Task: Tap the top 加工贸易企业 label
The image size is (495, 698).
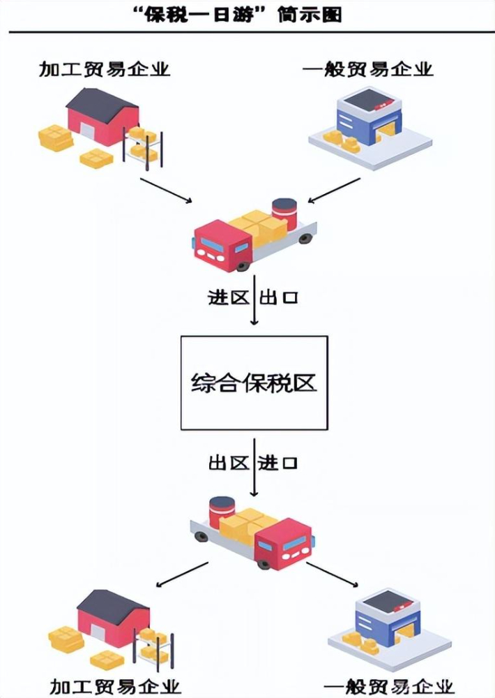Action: coord(105,69)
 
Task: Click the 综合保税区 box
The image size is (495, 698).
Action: coord(253,383)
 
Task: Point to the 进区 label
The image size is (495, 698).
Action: coord(228,298)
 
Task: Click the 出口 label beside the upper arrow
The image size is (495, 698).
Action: coord(279,298)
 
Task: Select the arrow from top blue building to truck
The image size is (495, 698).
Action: coord(335,191)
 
